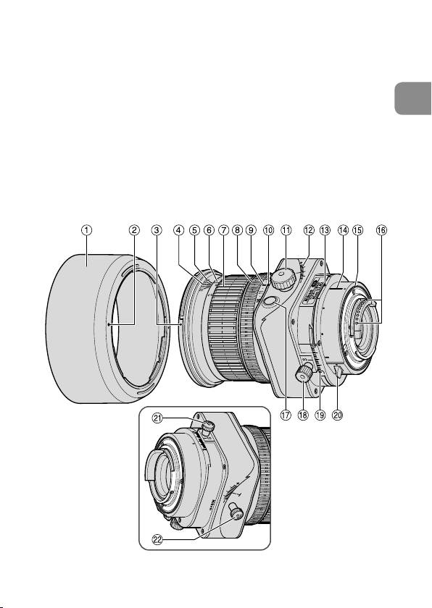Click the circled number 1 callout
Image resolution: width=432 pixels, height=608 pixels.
click(86, 230)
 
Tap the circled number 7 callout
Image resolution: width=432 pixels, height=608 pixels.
click(223, 230)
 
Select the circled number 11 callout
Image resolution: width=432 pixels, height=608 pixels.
click(286, 230)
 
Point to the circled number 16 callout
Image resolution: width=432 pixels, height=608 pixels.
click(381, 230)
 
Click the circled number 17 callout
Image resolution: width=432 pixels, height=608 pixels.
click(286, 415)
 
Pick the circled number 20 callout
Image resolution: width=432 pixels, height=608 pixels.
click(338, 415)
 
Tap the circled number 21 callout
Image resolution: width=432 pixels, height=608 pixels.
click(157, 418)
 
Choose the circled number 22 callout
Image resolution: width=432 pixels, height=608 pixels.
click(157, 540)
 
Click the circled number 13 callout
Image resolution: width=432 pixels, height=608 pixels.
click(325, 230)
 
